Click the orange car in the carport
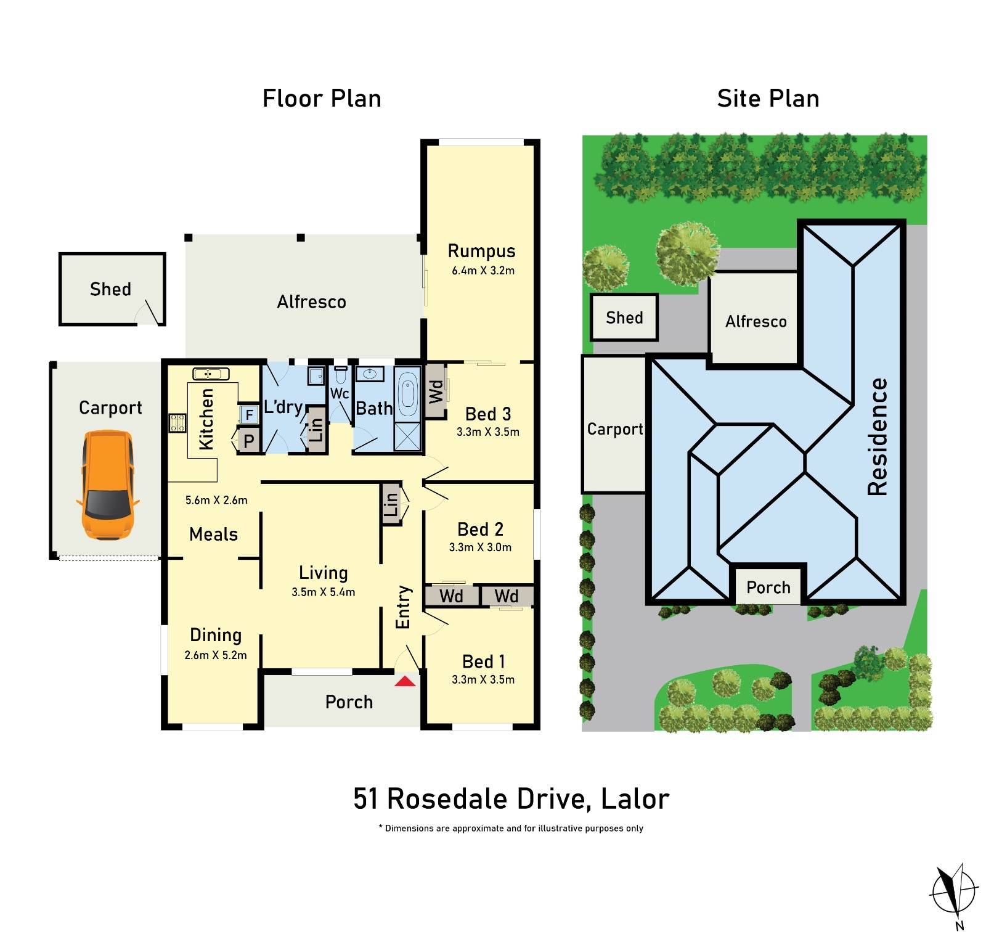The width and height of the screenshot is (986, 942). pyautogui.click(x=107, y=485)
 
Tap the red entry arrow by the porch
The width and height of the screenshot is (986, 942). pyautogui.click(x=405, y=681)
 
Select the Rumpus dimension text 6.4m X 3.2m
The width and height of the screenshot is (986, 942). pyautogui.click(x=483, y=270)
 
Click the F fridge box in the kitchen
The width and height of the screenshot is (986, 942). pyautogui.click(x=249, y=414)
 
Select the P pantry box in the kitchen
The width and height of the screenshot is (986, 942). pyautogui.click(x=248, y=441)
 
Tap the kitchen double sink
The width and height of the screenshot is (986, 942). pyautogui.click(x=211, y=374)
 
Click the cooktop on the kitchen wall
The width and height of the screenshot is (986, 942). pyautogui.click(x=177, y=423)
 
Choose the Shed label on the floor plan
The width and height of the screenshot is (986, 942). pyautogui.click(x=110, y=289)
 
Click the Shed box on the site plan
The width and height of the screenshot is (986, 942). pyautogui.click(x=624, y=317)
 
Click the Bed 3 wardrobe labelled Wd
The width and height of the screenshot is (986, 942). pyautogui.click(x=436, y=391)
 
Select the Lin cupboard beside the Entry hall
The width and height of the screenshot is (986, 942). pyautogui.click(x=391, y=504)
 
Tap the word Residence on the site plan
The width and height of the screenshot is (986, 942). pyautogui.click(x=878, y=436)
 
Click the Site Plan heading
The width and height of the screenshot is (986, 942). pyautogui.click(x=768, y=99)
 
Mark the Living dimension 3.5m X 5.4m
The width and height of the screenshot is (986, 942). pyautogui.click(x=323, y=592)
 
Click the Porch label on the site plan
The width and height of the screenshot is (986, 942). pyautogui.click(x=768, y=587)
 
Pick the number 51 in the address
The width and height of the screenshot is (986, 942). pyautogui.click(x=365, y=799)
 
